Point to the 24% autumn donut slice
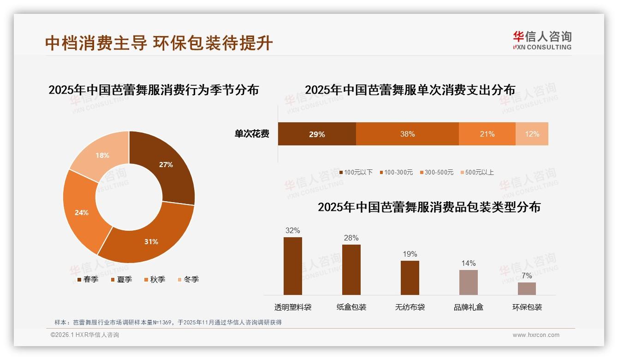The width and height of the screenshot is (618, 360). pos(82,212)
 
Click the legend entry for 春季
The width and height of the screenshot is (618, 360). pos(88,280)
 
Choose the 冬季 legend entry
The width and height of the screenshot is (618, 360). pos(188,280)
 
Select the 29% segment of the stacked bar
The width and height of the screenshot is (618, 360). pos(317,134)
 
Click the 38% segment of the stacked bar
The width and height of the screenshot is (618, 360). pos(407,134)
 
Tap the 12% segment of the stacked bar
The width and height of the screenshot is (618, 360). pos(532,134)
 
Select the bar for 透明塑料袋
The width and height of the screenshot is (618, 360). pos(293,266)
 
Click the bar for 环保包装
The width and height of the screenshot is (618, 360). pos(527,288)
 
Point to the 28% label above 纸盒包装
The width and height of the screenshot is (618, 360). pos(351,238)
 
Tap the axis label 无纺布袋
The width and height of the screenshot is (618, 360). pos(410,307)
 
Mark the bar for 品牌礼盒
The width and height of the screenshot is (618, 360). pos(468,282)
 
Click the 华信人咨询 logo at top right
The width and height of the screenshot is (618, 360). pos(542,40)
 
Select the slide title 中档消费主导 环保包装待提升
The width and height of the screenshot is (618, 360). pos(159,43)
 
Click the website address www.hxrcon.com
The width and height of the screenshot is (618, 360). pos(536,335)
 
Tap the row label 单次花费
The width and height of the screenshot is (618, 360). pos(252,134)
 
